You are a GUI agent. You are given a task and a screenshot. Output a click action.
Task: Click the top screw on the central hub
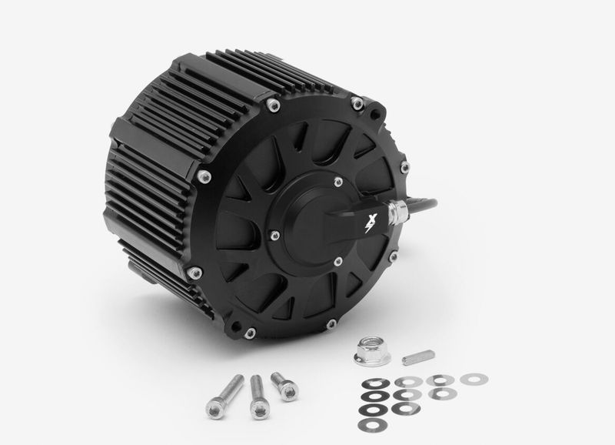(x=338, y=182)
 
